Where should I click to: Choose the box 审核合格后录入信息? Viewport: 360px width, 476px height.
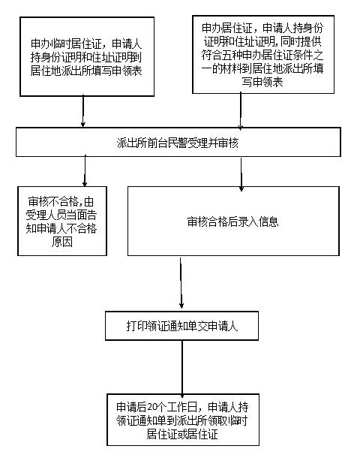pyautogui.click(x=232, y=221)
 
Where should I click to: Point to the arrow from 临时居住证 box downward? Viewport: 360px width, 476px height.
pyautogui.click(x=82, y=112)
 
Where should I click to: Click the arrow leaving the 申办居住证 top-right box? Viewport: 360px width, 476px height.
pyautogui.click(x=240, y=111)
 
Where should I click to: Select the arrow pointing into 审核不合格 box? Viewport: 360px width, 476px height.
pyautogui.click(x=85, y=170)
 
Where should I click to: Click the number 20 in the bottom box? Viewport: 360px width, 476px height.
pyautogui.click(x=151, y=407)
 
